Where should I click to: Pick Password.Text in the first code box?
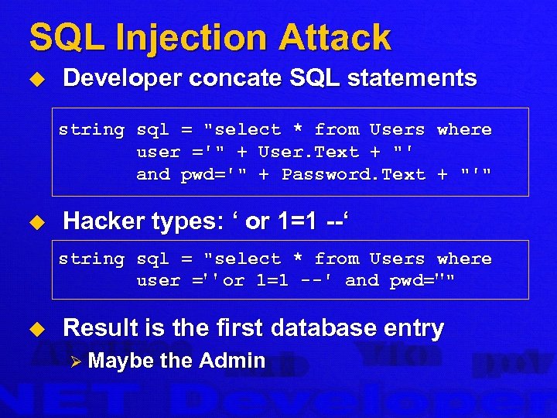(354, 175)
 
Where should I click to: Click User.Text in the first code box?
(309, 152)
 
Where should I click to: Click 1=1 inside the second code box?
(267, 281)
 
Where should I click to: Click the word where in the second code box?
(464, 259)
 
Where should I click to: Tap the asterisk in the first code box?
(298, 130)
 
